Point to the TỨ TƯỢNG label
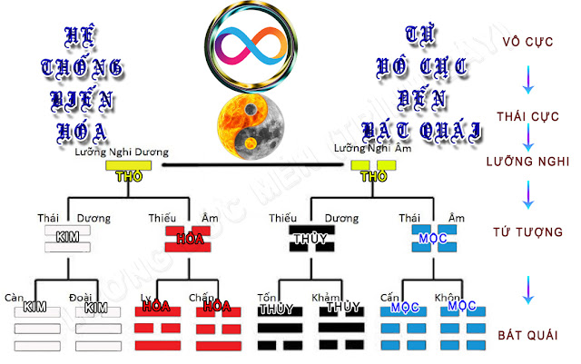pos(528,232)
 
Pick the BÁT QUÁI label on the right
pos(528,337)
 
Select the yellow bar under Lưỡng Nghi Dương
pos(123,168)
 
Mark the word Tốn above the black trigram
pos(267,297)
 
